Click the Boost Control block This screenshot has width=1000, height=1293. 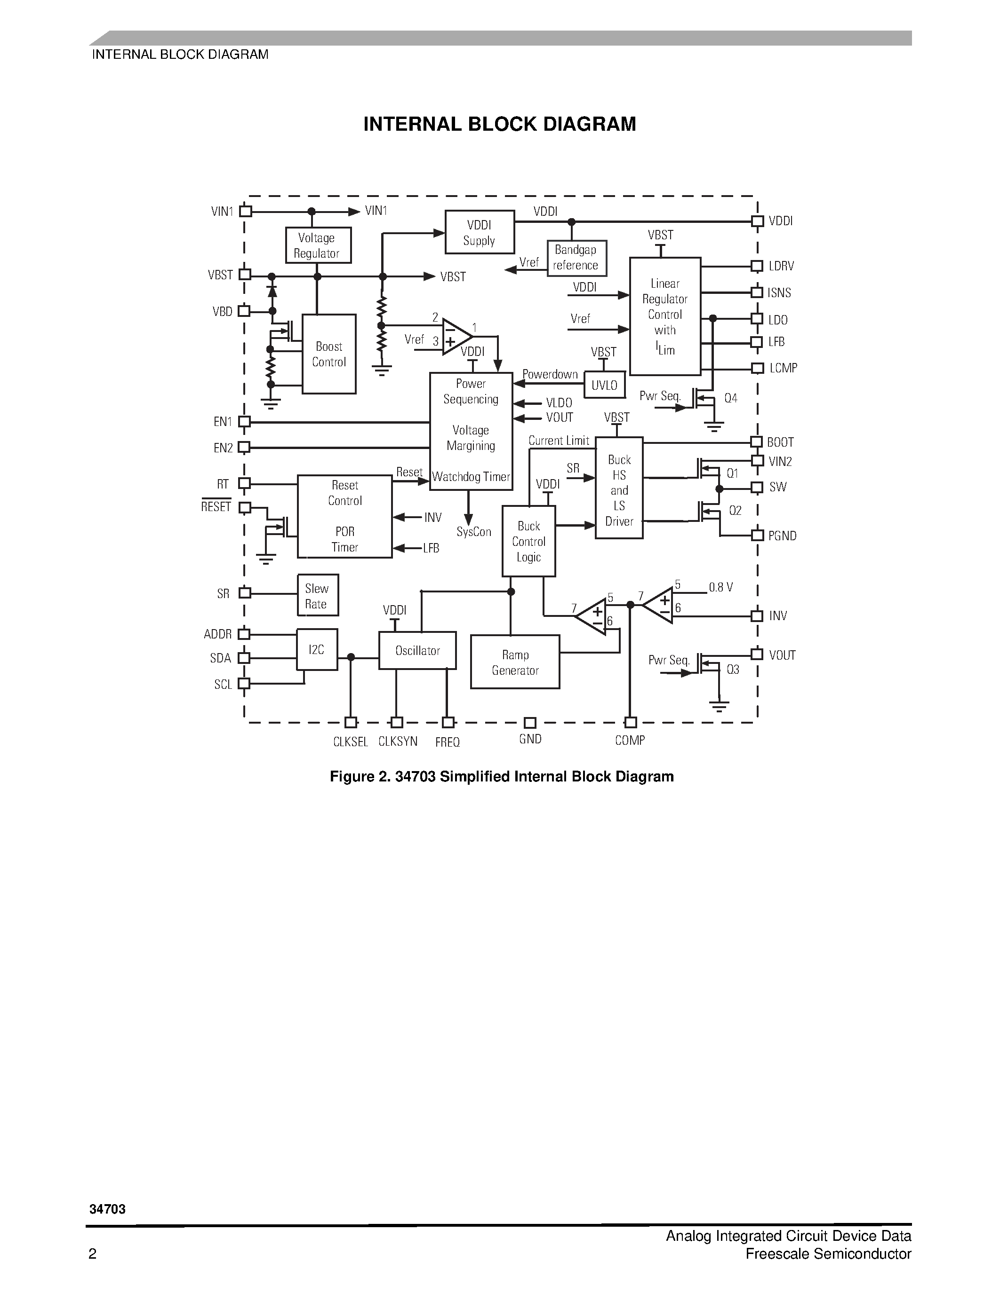tap(329, 354)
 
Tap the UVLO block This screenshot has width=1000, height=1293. tap(604, 386)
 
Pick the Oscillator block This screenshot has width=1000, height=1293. tap(418, 651)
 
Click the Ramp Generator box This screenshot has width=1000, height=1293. tap(515, 662)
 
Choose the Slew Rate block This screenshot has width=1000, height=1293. tap(318, 596)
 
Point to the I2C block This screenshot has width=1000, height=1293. tap(317, 649)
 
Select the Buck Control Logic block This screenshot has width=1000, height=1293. tap(528, 541)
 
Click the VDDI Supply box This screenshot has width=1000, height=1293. tap(479, 232)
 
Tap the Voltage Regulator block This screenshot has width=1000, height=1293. tap(318, 245)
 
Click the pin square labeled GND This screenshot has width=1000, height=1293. tap(530, 723)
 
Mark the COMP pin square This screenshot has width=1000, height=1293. tap(630, 723)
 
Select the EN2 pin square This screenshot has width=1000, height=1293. tap(244, 448)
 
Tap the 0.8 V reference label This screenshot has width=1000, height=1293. tap(720, 587)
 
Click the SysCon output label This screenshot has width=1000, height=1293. tap(474, 532)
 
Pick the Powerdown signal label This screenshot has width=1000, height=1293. tap(550, 374)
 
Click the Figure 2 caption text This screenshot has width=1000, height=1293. tap(502, 777)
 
